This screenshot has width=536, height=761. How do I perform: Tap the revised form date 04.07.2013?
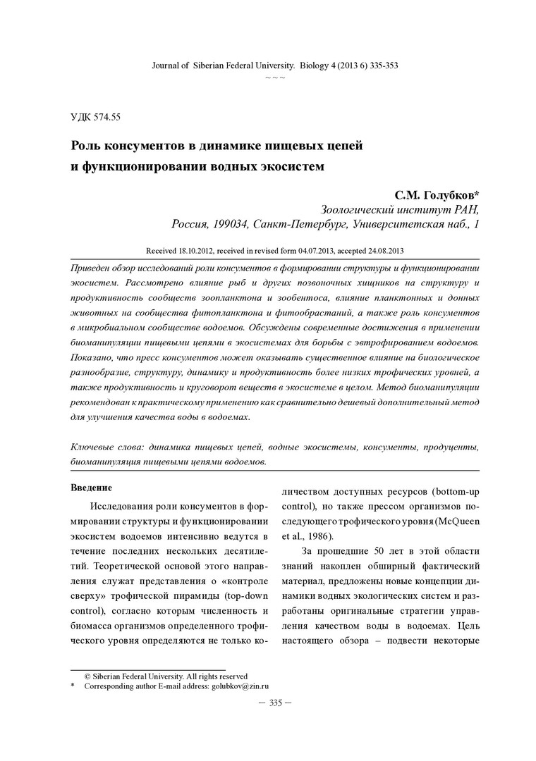click(307, 250)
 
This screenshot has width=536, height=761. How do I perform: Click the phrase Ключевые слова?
click(104, 448)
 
